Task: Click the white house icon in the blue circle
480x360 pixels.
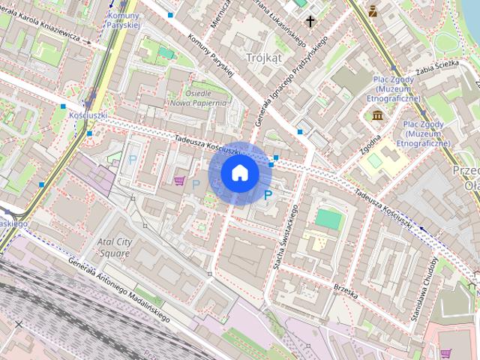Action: click(x=240, y=173)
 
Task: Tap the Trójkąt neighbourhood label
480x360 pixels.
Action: click(x=265, y=56)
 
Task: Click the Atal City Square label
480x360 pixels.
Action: click(x=113, y=247)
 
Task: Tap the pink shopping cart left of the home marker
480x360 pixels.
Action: click(x=179, y=180)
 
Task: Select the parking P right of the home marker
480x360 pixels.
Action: click(x=268, y=195)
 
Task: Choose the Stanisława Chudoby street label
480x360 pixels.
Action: click(x=425, y=289)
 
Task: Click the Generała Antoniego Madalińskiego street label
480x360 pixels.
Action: click(x=118, y=289)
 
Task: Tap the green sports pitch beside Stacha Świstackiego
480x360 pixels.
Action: click(x=327, y=219)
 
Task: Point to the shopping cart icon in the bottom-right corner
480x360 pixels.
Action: click(x=446, y=353)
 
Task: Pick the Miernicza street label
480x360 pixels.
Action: click(x=220, y=15)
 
